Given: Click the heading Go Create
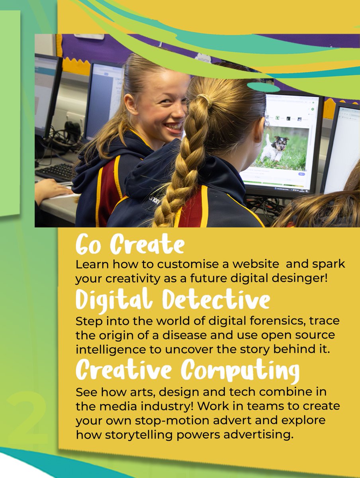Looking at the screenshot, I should tap(130, 244).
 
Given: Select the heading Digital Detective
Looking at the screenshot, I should tap(172, 300).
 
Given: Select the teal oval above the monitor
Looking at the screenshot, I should tap(263, 87).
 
